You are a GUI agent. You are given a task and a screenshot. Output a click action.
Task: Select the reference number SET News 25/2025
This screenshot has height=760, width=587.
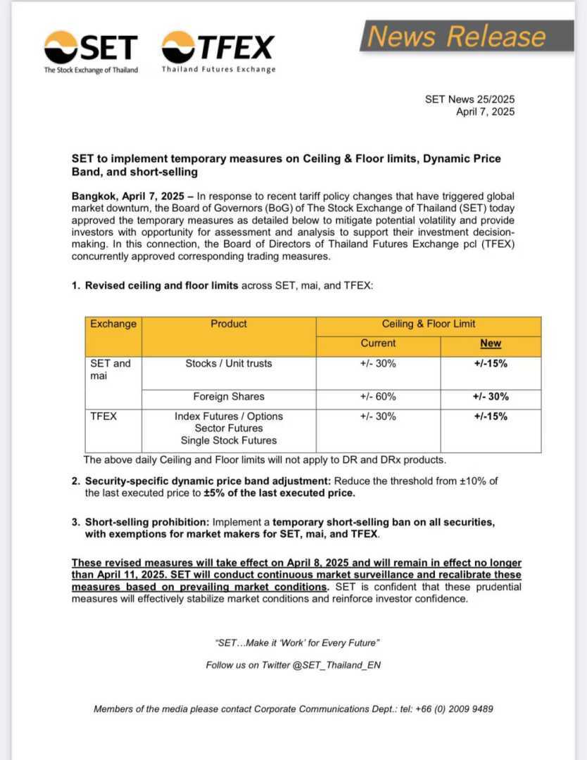469,99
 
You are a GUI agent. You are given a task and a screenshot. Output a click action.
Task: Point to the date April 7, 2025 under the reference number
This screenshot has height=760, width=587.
485,111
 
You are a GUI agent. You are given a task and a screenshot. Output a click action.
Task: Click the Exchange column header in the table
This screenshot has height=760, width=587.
113,324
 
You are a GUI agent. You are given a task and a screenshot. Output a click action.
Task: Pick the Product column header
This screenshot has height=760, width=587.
229,324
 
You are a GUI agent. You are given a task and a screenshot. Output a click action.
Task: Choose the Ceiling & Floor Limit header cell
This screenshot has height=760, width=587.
428,324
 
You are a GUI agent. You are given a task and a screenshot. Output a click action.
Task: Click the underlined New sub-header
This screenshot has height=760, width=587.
491,343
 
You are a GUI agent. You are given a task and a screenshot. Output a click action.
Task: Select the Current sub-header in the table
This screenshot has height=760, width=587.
378,343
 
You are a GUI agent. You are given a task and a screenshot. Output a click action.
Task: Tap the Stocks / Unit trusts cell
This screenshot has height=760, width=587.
229,364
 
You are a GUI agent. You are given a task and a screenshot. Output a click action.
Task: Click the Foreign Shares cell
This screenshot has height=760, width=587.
229,396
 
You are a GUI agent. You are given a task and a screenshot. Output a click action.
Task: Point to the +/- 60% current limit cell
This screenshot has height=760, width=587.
378,396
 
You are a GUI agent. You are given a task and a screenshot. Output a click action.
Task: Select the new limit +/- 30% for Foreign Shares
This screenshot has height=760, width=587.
491,396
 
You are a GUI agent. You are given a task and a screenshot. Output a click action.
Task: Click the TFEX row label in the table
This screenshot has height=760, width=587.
103,416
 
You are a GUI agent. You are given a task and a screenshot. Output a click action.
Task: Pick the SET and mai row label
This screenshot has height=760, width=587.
111,369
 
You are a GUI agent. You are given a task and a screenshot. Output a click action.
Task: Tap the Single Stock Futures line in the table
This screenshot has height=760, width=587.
229,441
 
